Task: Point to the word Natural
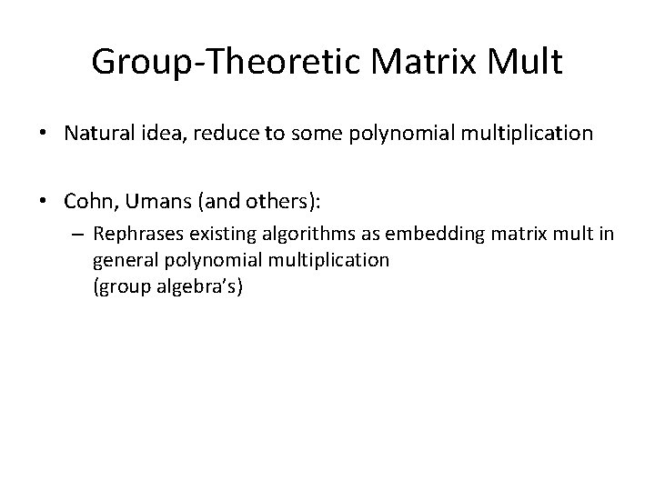tap(97, 135)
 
